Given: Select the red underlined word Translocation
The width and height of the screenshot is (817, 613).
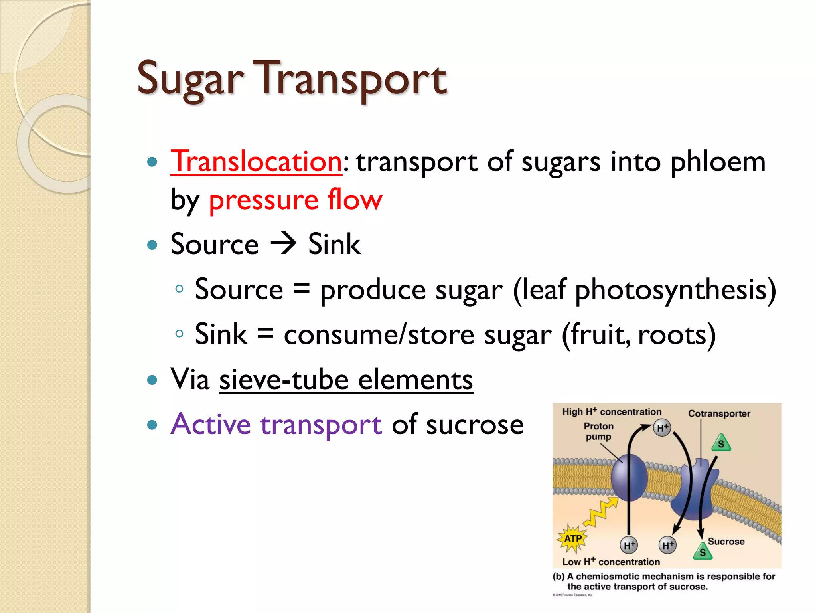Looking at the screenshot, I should [256, 162].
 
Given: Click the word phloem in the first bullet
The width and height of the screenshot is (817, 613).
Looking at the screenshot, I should [718, 162].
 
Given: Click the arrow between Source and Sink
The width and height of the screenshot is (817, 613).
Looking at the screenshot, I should [283, 243].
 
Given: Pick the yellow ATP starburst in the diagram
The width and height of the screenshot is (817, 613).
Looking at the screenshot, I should [573, 538].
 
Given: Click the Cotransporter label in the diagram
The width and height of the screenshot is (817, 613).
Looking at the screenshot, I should [719, 413].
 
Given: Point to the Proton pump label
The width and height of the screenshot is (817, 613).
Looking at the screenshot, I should [598, 431].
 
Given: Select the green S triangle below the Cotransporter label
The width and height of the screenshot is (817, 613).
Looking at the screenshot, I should [721, 443].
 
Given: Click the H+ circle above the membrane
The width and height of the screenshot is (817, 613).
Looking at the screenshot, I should [662, 428].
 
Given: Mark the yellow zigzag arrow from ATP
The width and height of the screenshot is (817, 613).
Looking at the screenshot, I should [600, 513].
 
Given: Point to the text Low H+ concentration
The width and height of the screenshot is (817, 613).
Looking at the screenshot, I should [611, 562].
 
